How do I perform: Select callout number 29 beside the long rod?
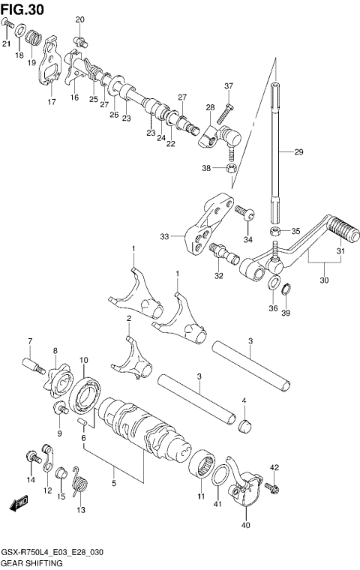[x=298, y=152]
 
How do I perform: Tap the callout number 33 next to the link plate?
[x=165, y=236]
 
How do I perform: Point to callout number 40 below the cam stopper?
[x=246, y=525]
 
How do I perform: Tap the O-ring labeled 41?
[x=223, y=475]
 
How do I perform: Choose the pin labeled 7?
[x=33, y=368]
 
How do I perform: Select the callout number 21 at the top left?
[x=6, y=44]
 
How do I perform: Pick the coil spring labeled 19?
[x=32, y=37]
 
